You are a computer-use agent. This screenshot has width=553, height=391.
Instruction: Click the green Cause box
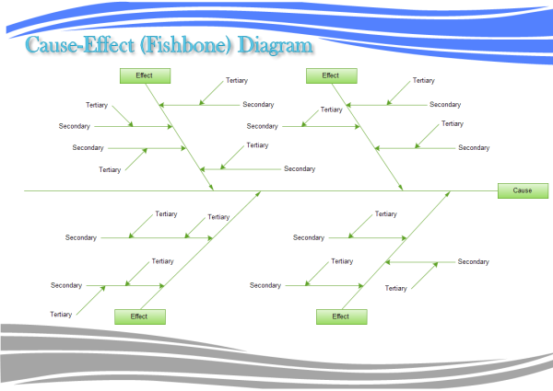click(x=523, y=191)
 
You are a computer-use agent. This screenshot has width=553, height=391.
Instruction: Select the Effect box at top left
click(x=145, y=75)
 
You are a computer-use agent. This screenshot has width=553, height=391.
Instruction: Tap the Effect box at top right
click(x=330, y=75)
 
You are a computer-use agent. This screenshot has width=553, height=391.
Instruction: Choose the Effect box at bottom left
click(x=139, y=316)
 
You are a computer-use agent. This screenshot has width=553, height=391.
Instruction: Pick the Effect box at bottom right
click(x=341, y=316)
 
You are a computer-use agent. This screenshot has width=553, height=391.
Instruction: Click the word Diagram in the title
click(x=274, y=45)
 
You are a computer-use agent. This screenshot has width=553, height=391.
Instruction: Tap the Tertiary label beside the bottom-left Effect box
click(x=62, y=315)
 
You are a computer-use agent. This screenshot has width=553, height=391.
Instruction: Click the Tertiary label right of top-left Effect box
click(x=237, y=81)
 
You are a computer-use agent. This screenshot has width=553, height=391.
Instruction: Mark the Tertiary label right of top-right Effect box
click(x=423, y=81)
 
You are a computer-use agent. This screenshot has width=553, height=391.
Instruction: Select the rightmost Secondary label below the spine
click(x=474, y=262)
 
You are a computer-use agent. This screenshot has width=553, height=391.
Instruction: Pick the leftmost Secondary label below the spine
click(x=66, y=285)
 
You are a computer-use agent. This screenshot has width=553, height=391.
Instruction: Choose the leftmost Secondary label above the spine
click(x=75, y=126)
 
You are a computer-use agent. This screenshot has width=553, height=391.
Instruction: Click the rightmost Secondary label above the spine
click(x=475, y=148)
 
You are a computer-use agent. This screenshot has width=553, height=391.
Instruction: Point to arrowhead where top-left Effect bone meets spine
click(x=213, y=189)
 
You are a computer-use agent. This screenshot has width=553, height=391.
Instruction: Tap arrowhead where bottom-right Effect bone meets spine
click(x=450, y=193)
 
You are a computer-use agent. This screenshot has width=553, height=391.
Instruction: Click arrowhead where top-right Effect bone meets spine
click(x=402, y=189)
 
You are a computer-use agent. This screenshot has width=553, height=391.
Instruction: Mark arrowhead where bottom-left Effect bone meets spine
click(x=260, y=193)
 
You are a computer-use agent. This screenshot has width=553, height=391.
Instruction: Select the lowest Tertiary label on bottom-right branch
click(x=396, y=289)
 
